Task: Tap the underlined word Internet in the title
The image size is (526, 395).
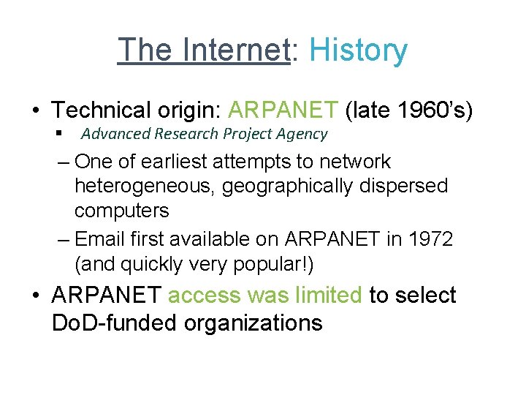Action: tap(236, 50)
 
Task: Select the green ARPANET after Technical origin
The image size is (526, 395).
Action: tap(283, 110)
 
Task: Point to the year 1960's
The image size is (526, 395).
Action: tap(435, 110)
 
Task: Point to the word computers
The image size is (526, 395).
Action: tap(121, 211)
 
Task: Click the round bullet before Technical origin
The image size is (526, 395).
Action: tap(36, 111)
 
